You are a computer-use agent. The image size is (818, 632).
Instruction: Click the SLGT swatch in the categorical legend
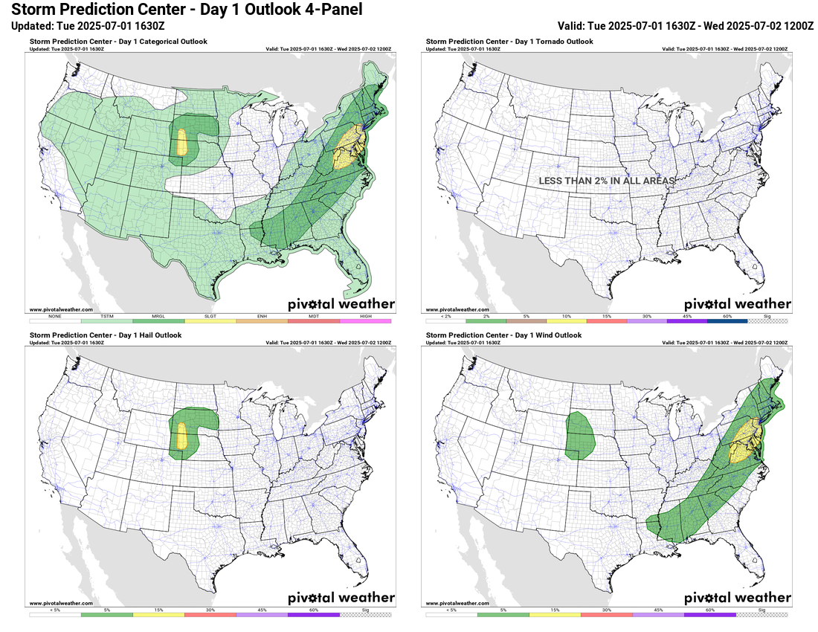(210, 320)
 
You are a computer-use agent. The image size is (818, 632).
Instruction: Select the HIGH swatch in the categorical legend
(366, 320)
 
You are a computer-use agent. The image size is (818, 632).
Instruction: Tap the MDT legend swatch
(314, 320)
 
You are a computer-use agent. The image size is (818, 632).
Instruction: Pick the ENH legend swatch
(262, 320)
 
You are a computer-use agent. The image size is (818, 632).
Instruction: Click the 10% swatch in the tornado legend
(567, 320)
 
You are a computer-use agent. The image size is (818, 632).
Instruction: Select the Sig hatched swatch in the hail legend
(366, 615)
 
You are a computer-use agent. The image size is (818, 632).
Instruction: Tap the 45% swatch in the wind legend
(658, 615)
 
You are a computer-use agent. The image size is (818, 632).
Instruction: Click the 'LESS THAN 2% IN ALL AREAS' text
(607, 181)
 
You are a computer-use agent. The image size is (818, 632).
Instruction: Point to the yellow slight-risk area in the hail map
(181, 437)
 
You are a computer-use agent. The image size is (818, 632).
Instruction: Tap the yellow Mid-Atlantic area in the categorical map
(348, 146)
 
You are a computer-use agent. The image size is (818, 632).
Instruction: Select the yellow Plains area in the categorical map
(181, 143)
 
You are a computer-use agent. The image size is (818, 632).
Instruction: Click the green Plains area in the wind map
(580, 435)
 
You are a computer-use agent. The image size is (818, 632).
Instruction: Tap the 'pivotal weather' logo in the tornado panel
(737, 303)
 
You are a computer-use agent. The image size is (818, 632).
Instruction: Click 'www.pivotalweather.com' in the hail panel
(61, 603)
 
